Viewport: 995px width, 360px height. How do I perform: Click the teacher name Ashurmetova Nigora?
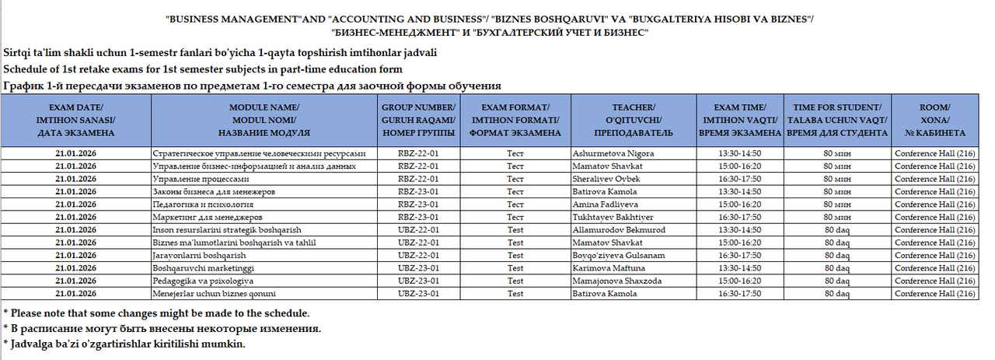613,153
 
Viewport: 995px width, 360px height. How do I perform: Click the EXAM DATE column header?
76,120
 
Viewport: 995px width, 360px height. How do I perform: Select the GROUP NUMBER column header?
418,120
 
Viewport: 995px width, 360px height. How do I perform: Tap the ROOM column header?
934,120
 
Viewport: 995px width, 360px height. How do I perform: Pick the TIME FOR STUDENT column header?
837,120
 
